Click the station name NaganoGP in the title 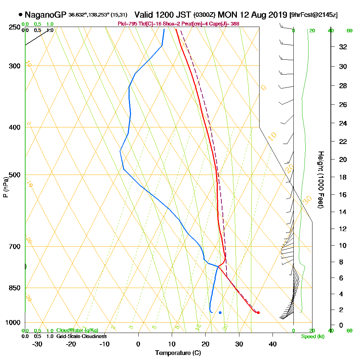click(46, 15)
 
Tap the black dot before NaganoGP click(21, 15)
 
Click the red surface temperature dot click(258, 312)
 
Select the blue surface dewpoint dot click(220, 312)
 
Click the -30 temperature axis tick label click(37, 344)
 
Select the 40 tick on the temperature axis click(273, 344)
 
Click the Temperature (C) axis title click(178, 353)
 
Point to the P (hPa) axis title click(6, 187)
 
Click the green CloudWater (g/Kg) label click(77, 330)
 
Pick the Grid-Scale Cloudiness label click(81, 336)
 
